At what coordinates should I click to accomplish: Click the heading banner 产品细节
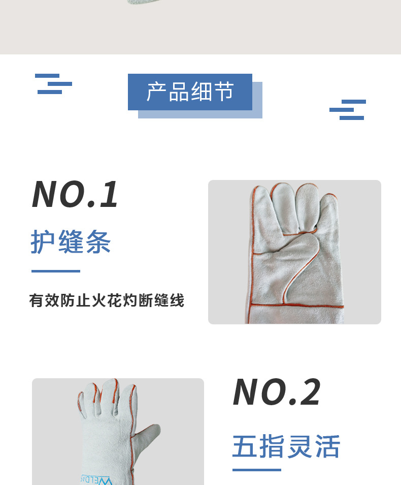(x=190, y=92)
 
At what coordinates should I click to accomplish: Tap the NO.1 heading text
(x=75, y=195)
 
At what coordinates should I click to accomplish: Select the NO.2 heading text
(x=277, y=392)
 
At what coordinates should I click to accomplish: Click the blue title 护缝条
(x=71, y=241)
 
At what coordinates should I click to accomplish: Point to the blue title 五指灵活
(x=286, y=446)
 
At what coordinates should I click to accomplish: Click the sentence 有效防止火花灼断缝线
(x=107, y=300)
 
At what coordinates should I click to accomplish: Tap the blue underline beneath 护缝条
(x=56, y=271)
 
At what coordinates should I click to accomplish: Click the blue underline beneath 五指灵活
(x=256, y=469)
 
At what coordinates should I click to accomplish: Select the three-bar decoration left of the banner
(x=54, y=84)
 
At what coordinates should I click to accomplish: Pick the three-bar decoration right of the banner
(x=348, y=110)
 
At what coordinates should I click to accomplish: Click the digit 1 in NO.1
(x=109, y=195)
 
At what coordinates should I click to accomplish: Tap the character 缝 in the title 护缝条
(x=71, y=241)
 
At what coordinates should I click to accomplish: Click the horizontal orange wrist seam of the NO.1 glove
(x=297, y=306)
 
